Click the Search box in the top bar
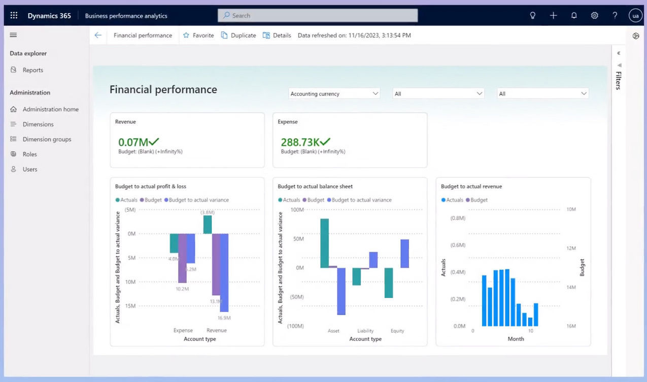click(318, 15)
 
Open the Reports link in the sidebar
click(32, 70)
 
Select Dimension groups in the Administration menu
click(47, 139)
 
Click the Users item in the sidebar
click(29, 169)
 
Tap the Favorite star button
click(198, 36)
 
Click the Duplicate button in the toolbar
click(239, 36)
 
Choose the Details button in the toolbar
click(277, 36)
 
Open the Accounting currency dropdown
click(334, 93)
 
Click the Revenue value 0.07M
click(133, 142)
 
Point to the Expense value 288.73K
click(299, 142)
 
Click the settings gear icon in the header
click(594, 15)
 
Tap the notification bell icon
click(574, 15)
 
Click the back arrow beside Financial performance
click(98, 36)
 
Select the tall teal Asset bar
click(324, 243)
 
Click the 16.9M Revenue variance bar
click(224, 272)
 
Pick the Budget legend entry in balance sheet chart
click(315, 200)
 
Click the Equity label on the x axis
click(397, 331)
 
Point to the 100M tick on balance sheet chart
click(296, 209)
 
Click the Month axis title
click(516, 339)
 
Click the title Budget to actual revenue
click(471, 186)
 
